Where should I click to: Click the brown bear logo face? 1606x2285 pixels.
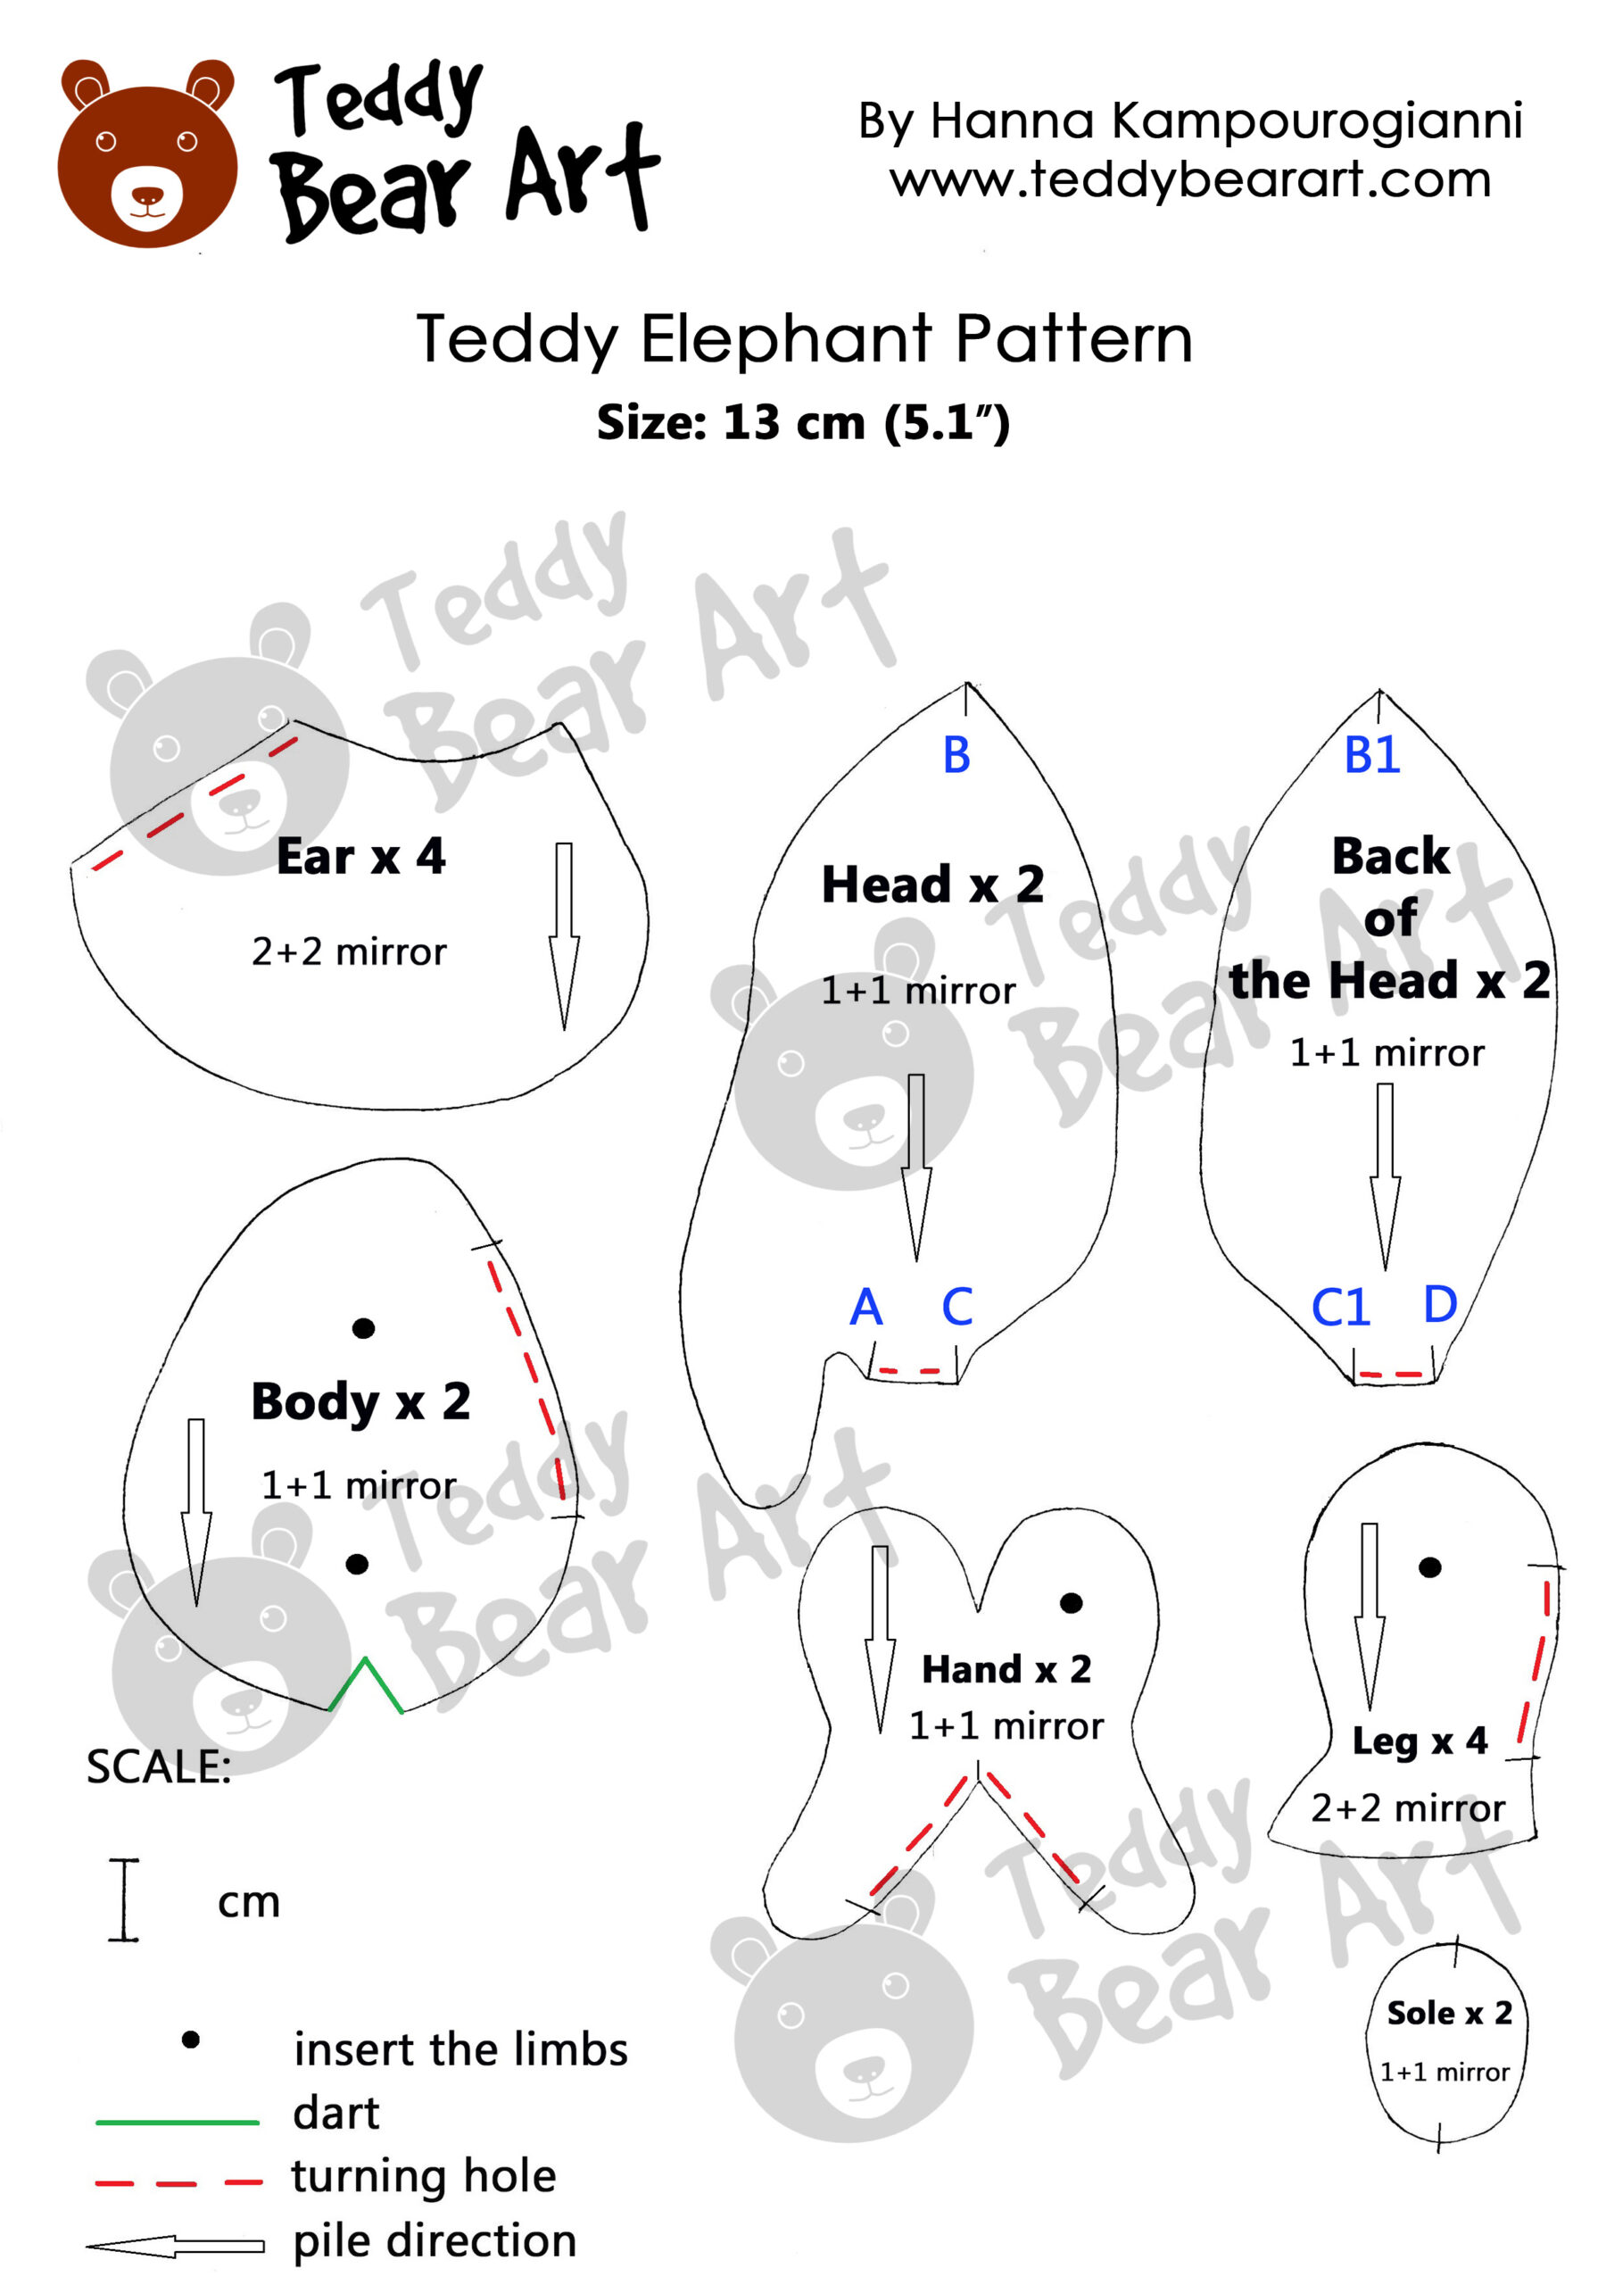point(147,159)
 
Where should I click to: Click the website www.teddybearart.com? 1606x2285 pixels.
point(1190,180)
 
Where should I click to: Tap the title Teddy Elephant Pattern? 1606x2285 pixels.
point(803,339)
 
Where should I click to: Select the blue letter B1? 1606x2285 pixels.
point(1371,755)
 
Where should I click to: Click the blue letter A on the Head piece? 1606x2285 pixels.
point(865,1307)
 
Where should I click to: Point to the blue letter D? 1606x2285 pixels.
point(1440,1304)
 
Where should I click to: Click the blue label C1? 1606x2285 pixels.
point(1340,1308)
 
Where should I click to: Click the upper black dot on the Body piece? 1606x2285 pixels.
point(363,1327)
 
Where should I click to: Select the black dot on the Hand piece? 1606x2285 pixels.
point(1071,1602)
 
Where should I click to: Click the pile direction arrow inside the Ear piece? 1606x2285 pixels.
point(564,935)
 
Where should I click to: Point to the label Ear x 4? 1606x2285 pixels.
point(360,857)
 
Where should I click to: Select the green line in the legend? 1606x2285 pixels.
point(178,2122)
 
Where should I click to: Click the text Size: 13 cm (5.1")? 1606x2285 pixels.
point(802,423)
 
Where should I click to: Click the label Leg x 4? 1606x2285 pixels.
point(1419,1741)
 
